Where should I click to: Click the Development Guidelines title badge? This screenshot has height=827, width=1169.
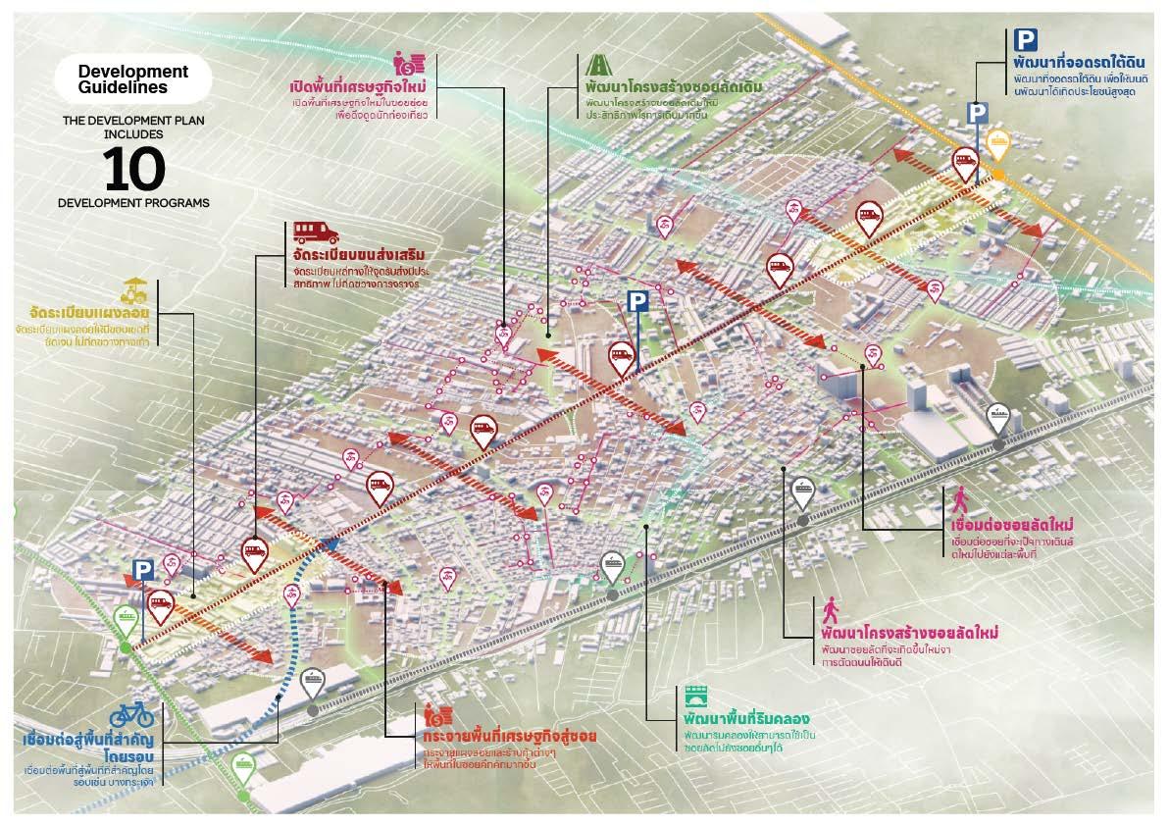pyautogui.click(x=132, y=78)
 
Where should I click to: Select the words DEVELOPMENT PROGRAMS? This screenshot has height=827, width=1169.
pyautogui.click(x=132, y=204)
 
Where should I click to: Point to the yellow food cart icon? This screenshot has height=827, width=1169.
pyautogui.click(x=134, y=290)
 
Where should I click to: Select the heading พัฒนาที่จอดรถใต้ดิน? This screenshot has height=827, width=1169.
pyautogui.click(x=1075, y=66)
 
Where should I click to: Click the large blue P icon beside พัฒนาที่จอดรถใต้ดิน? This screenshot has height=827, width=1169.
pyautogui.click(x=1025, y=40)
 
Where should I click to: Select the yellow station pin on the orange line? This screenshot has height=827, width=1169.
pyautogui.click(x=997, y=145)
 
